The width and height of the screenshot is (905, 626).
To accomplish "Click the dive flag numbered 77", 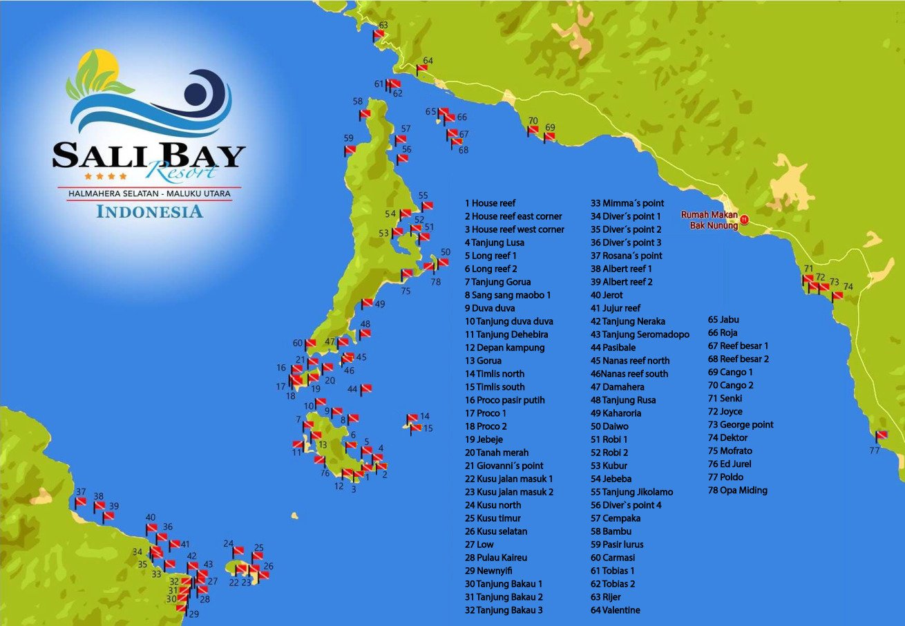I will pyautogui.click(x=882, y=436).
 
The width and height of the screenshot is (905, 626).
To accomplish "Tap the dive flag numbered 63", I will pyautogui.click(x=379, y=35).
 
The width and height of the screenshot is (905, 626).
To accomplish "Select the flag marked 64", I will pyautogui.click(x=421, y=69).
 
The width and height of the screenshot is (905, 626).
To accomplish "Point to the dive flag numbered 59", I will pyautogui.click(x=350, y=150).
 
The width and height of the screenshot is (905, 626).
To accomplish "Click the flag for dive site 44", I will pyautogui.click(x=366, y=388).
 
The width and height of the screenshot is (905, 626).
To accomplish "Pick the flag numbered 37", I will pyautogui.click(x=81, y=502).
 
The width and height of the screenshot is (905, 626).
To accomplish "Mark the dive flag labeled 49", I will pyautogui.click(x=367, y=304).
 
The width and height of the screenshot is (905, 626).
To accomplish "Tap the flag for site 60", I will pyautogui.click(x=310, y=343).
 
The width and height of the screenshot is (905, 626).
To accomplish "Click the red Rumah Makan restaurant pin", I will pyautogui.click(x=744, y=220).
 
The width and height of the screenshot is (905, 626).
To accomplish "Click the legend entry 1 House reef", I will pyautogui.click(x=490, y=203).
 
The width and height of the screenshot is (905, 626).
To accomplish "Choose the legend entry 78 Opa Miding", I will pyautogui.click(x=737, y=491).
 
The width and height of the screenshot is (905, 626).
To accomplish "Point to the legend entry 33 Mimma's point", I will pyautogui.click(x=627, y=203).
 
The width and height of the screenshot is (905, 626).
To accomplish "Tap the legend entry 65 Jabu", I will pyautogui.click(x=723, y=320).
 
